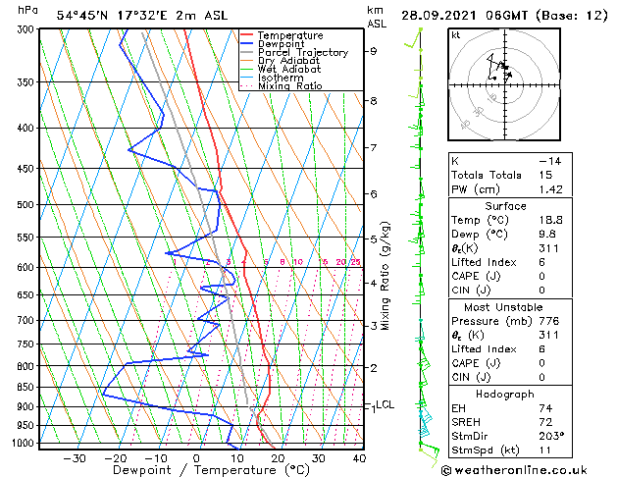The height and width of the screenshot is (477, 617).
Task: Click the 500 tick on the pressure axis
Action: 25,205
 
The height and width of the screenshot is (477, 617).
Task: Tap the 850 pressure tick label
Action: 25,387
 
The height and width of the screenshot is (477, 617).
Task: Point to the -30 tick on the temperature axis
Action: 75,458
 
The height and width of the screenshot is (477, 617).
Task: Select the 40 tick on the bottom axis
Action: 359,458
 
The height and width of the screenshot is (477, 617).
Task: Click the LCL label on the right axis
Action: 385,404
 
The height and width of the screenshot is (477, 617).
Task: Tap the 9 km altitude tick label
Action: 373,51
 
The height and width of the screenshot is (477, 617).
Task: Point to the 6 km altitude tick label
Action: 373,194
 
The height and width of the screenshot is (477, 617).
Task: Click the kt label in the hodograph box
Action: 456,35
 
